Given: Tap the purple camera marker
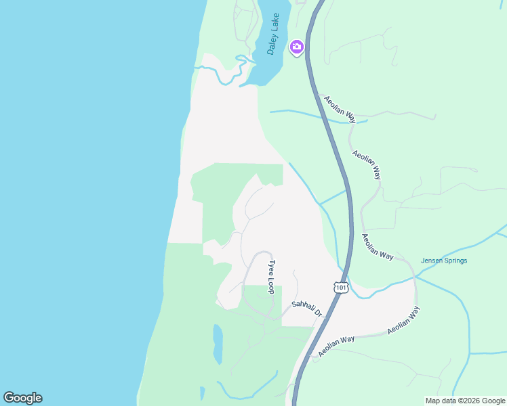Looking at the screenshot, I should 296,47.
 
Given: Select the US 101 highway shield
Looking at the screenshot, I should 340,288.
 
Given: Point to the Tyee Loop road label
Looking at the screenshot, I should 271,277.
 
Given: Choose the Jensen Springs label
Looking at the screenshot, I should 444,261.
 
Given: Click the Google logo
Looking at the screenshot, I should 22,398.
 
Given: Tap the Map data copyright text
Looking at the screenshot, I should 464,401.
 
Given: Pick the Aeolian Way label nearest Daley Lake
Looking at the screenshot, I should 340,108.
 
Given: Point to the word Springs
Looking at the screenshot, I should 455,261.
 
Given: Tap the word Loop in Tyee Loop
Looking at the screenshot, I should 271,286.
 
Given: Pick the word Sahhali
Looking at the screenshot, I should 302,306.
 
